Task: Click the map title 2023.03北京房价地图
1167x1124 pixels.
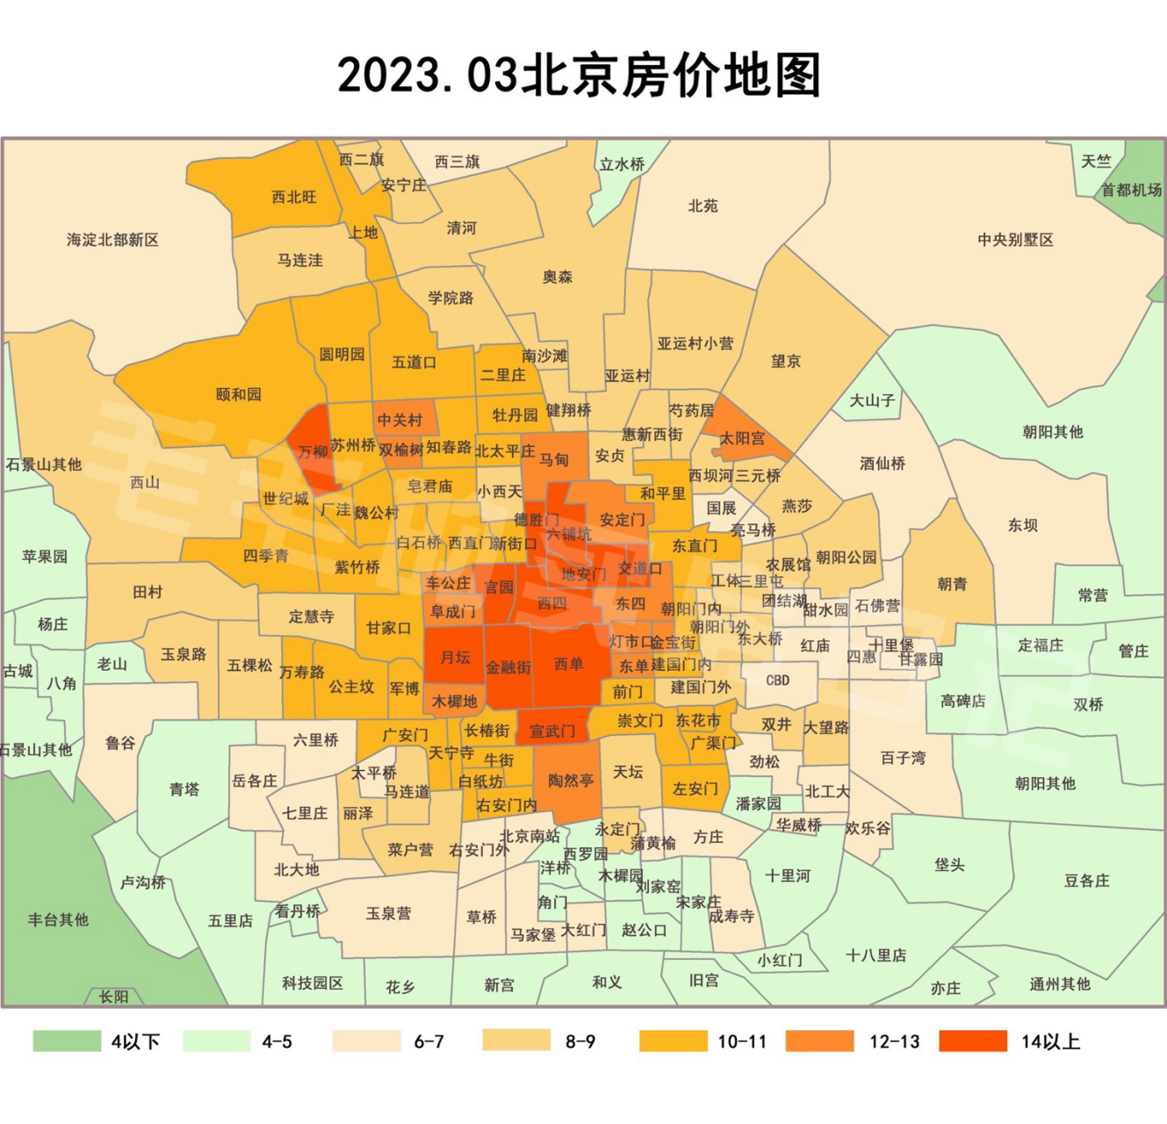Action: pos(580,76)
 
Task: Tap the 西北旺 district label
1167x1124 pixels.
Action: pos(294,197)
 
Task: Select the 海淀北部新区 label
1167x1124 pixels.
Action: pos(112,240)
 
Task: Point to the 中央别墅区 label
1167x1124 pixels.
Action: pos(1015,240)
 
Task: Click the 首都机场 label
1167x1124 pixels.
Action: pos(1131,190)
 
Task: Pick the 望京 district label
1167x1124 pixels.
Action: pos(786,361)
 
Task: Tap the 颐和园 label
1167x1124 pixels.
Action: pos(239,394)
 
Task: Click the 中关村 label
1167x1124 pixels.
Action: pos(400,420)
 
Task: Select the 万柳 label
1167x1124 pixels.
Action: pos(313,452)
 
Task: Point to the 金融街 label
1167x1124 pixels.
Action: pos(508,667)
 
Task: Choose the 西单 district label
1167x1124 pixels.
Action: pos(569,664)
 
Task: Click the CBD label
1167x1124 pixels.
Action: pos(778,680)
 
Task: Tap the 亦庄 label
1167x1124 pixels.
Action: pos(946,988)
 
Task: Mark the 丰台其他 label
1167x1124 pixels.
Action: pos(58,919)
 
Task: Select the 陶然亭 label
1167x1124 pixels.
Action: pos(571,780)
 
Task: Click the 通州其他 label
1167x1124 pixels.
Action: pos(1060,983)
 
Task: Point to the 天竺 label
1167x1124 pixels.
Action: pos(1096,162)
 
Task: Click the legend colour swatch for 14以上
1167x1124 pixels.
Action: pos(973,1041)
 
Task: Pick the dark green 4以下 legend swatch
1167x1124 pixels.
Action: pos(67,1041)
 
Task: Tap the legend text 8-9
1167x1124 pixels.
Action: pos(580,1042)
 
